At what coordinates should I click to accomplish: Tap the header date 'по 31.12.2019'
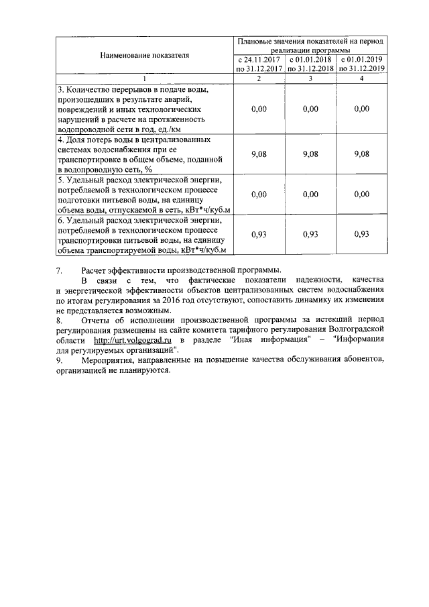(362, 68)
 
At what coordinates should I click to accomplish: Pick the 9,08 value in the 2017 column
(258, 154)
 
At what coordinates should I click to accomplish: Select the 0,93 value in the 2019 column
(362, 234)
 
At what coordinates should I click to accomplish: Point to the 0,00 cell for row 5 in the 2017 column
(258, 194)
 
